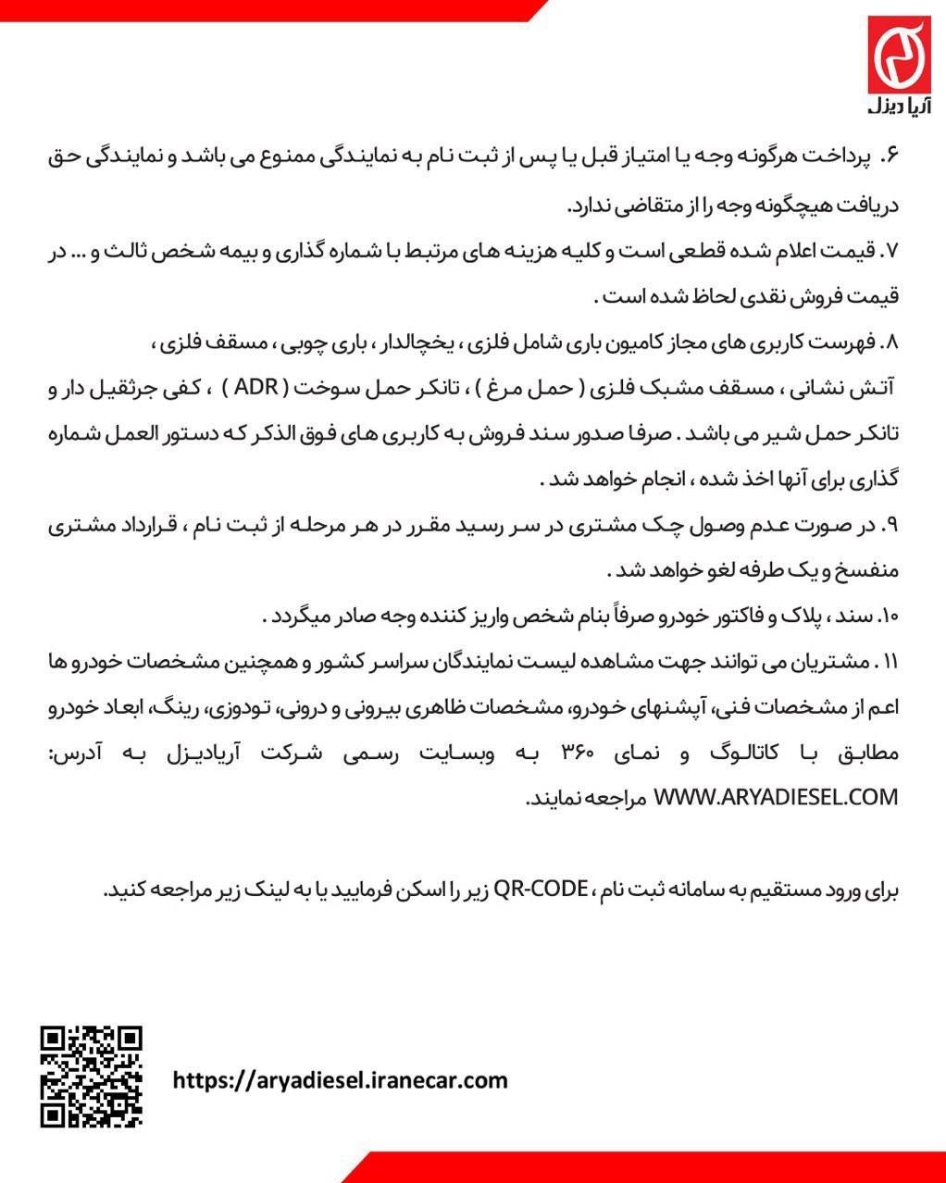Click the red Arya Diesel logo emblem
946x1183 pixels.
pyautogui.click(x=897, y=55)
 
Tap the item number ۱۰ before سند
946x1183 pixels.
pyautogui.click(x=890, y=616)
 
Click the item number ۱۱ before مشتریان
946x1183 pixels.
pyautogui.click(x=890, y=662)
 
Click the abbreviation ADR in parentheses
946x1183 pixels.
pyautogui.click(x=256, y=388)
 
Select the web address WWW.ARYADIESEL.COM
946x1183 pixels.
pyautogui.click(x=776, y=797)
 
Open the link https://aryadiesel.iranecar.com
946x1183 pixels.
pyautogui.click(x=341, y=1079)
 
